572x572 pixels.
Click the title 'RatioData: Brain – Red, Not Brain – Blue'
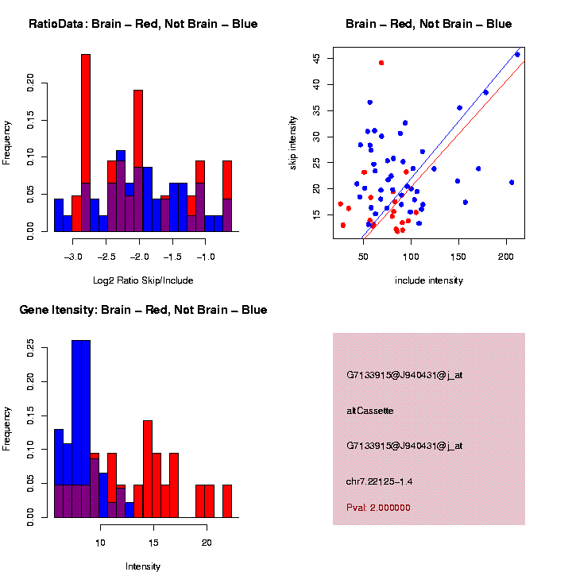pyautogui.click(x=143, y=24)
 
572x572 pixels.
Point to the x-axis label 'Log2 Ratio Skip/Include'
pyautogui.click(x=142, y=280)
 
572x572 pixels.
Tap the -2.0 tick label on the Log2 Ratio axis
pyautogui.click(x=139, y=257)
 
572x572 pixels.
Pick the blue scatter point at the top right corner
pyautogui.click(x=517, y=54)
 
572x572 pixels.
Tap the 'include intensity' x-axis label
pyautogui.click(x=429, y=280)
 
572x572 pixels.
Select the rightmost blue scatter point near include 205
pyautogui.click(x=512, y=182)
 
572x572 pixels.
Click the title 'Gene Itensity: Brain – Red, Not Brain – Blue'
pyautogui.click(x=143, y=310)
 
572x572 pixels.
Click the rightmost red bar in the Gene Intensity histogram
pyautogui.click(x=227, y=500)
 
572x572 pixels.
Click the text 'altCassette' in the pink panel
pyautogui.click(x=370, y=411)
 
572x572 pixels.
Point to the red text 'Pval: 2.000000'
pyautogui.click(x=379, y=507)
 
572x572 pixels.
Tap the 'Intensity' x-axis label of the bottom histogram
pyautogui.click(x=143, y=566)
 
